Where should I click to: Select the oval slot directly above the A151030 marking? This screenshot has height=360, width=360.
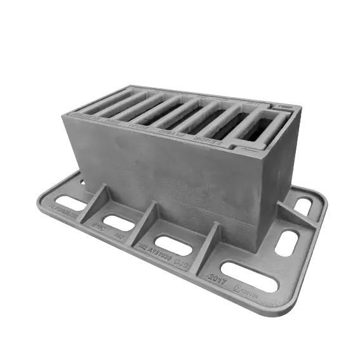click(x=175, y=243)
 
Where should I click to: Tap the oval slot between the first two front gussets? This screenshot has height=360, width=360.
click(x=117, y=222)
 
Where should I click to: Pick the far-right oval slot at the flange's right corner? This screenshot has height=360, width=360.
click(x=303, y=204)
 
